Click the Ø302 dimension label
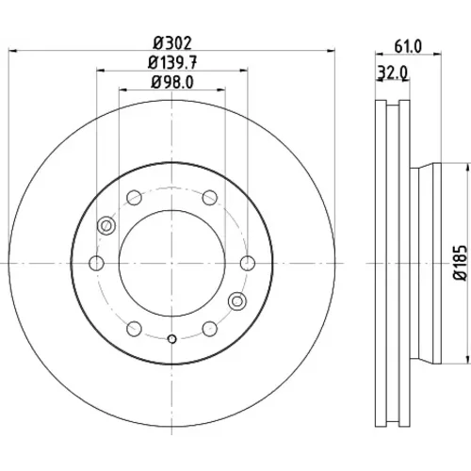click(172, 43)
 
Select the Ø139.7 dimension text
click(172, 63)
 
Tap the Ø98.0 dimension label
click(172, 83)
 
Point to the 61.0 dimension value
click(408, 46)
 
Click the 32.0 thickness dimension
click(393, 73)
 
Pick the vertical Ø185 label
click(460, 263)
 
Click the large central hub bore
click(172, 263)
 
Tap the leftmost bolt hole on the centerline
click(97, 263)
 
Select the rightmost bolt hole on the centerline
click(248, 263)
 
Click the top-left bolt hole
click(135, 198)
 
